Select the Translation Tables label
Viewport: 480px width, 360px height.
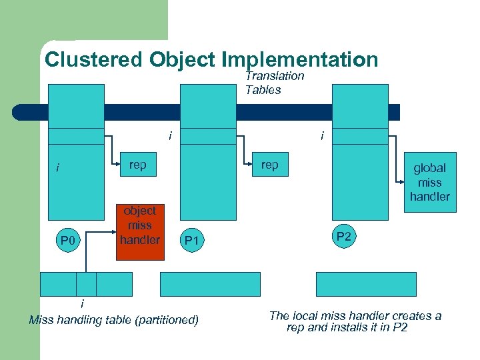click(274, 83)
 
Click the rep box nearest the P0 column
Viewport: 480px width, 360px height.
click(138, 165)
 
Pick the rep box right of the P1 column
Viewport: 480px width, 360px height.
click(270, 165)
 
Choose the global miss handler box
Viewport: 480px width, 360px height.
click(430, 182)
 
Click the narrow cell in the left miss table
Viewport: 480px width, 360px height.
click(86, 284)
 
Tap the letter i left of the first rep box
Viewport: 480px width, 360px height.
click(57, 168)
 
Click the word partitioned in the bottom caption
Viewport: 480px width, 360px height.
click(166, 321)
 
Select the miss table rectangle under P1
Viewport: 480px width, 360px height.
click(211, 284)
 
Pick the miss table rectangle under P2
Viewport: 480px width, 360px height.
click(365, 284)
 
